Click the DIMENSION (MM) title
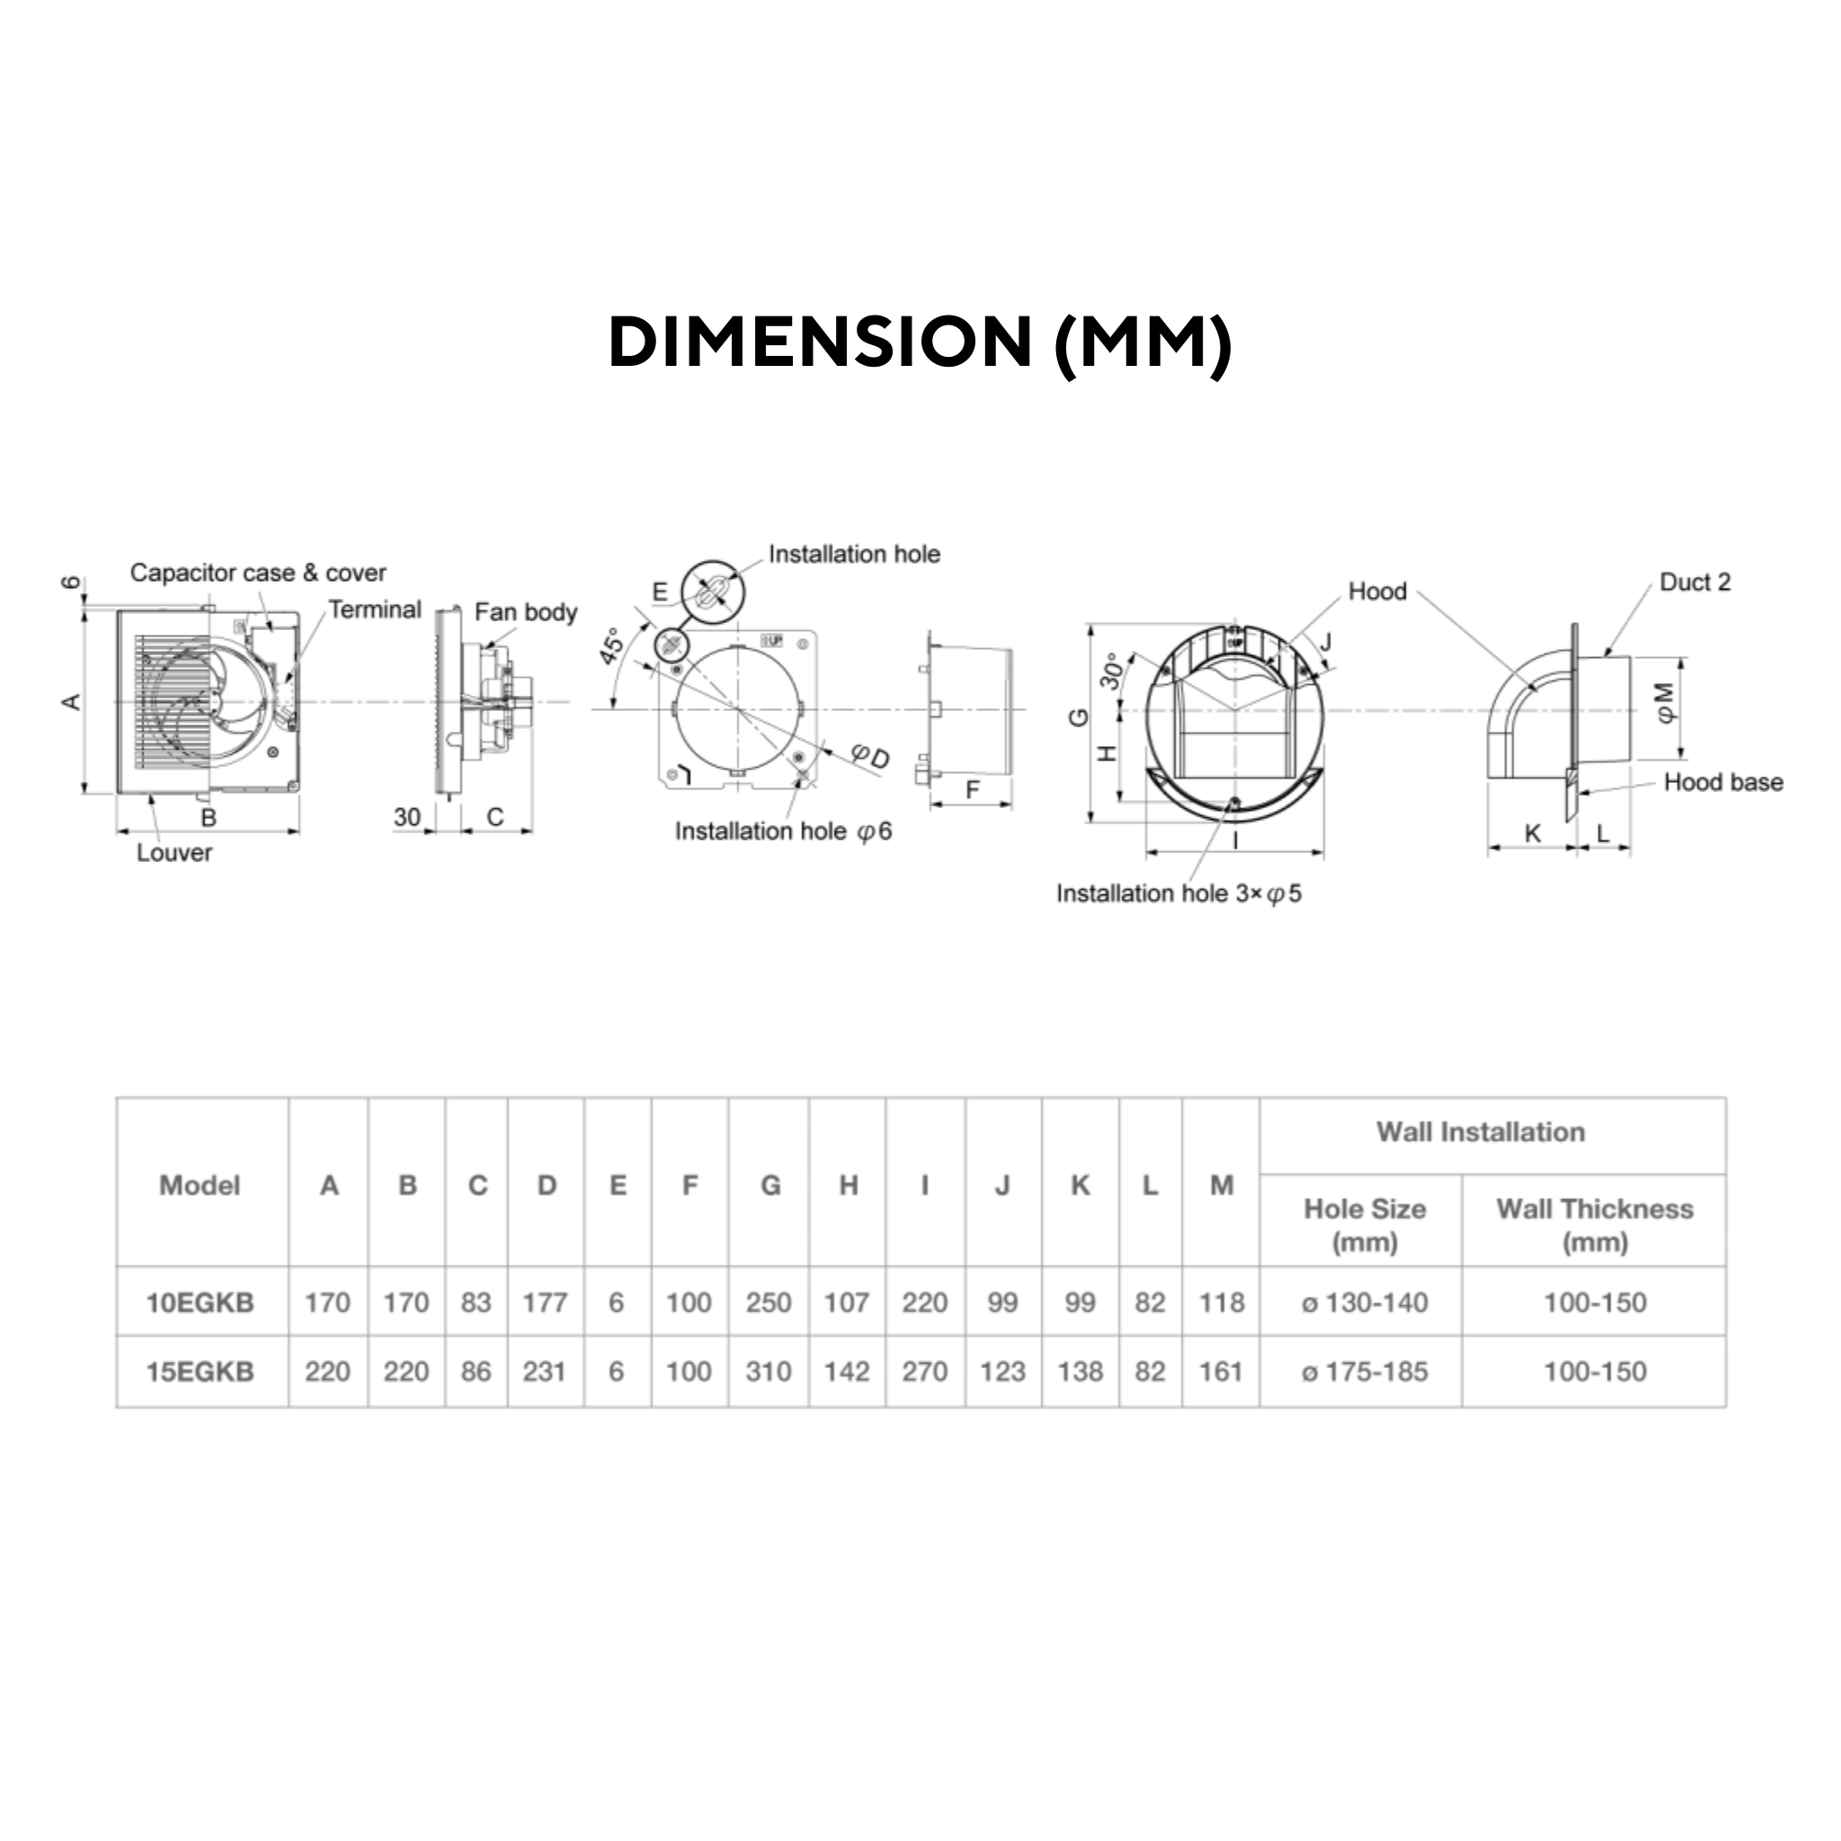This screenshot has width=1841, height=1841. (x=920, y=343)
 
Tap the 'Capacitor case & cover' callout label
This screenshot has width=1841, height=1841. (x=258, y=573)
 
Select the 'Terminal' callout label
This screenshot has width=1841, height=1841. (x=375, y=609)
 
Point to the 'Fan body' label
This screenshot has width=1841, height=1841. (x=526, y=613)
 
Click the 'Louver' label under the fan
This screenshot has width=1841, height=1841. (x=173, y=853)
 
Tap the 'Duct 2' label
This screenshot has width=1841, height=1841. (x=1695, y=583)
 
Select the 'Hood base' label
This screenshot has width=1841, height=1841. (x=1724, y=782)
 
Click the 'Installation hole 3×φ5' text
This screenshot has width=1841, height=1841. (x=1178, y=894)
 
